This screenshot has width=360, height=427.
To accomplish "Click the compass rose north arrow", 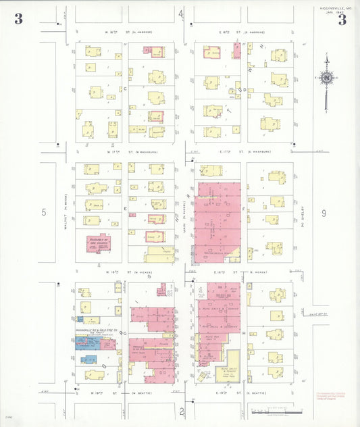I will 327,78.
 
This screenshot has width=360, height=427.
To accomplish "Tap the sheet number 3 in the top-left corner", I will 18,19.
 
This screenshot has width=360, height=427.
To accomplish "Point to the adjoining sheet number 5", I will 45,212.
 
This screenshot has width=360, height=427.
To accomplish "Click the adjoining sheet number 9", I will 324,214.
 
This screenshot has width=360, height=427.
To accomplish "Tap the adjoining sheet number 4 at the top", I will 180,14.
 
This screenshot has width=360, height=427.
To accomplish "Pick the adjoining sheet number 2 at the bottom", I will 181,410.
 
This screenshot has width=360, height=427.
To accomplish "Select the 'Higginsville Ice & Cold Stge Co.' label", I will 93,331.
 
